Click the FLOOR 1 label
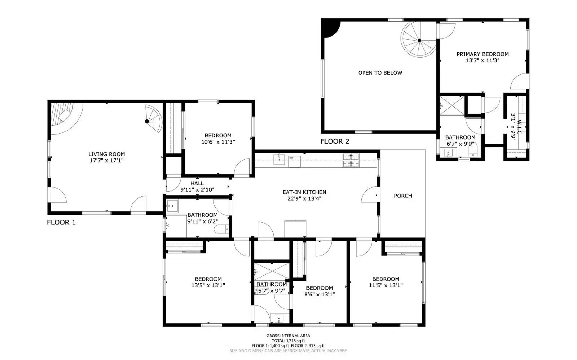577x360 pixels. [x=61, y=222]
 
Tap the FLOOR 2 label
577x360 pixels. [x=335, y=142]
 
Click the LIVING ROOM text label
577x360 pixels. [x=106, y=154]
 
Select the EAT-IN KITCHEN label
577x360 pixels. [x=304, y=192]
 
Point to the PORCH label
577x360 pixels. [x=403, y=196]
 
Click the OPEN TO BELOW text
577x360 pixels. [x=380, y=73]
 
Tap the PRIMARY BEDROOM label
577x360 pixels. [x=482, y=54]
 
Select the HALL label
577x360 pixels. [x=197, y=183]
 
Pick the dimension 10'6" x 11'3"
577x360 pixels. [x=218, y=142]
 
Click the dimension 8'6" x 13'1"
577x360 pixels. [x=319, y=294]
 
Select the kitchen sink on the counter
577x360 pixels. [x=279, y=159]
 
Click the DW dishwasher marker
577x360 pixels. [x=291, y=158]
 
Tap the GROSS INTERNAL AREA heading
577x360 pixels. [x=288, y=335]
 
